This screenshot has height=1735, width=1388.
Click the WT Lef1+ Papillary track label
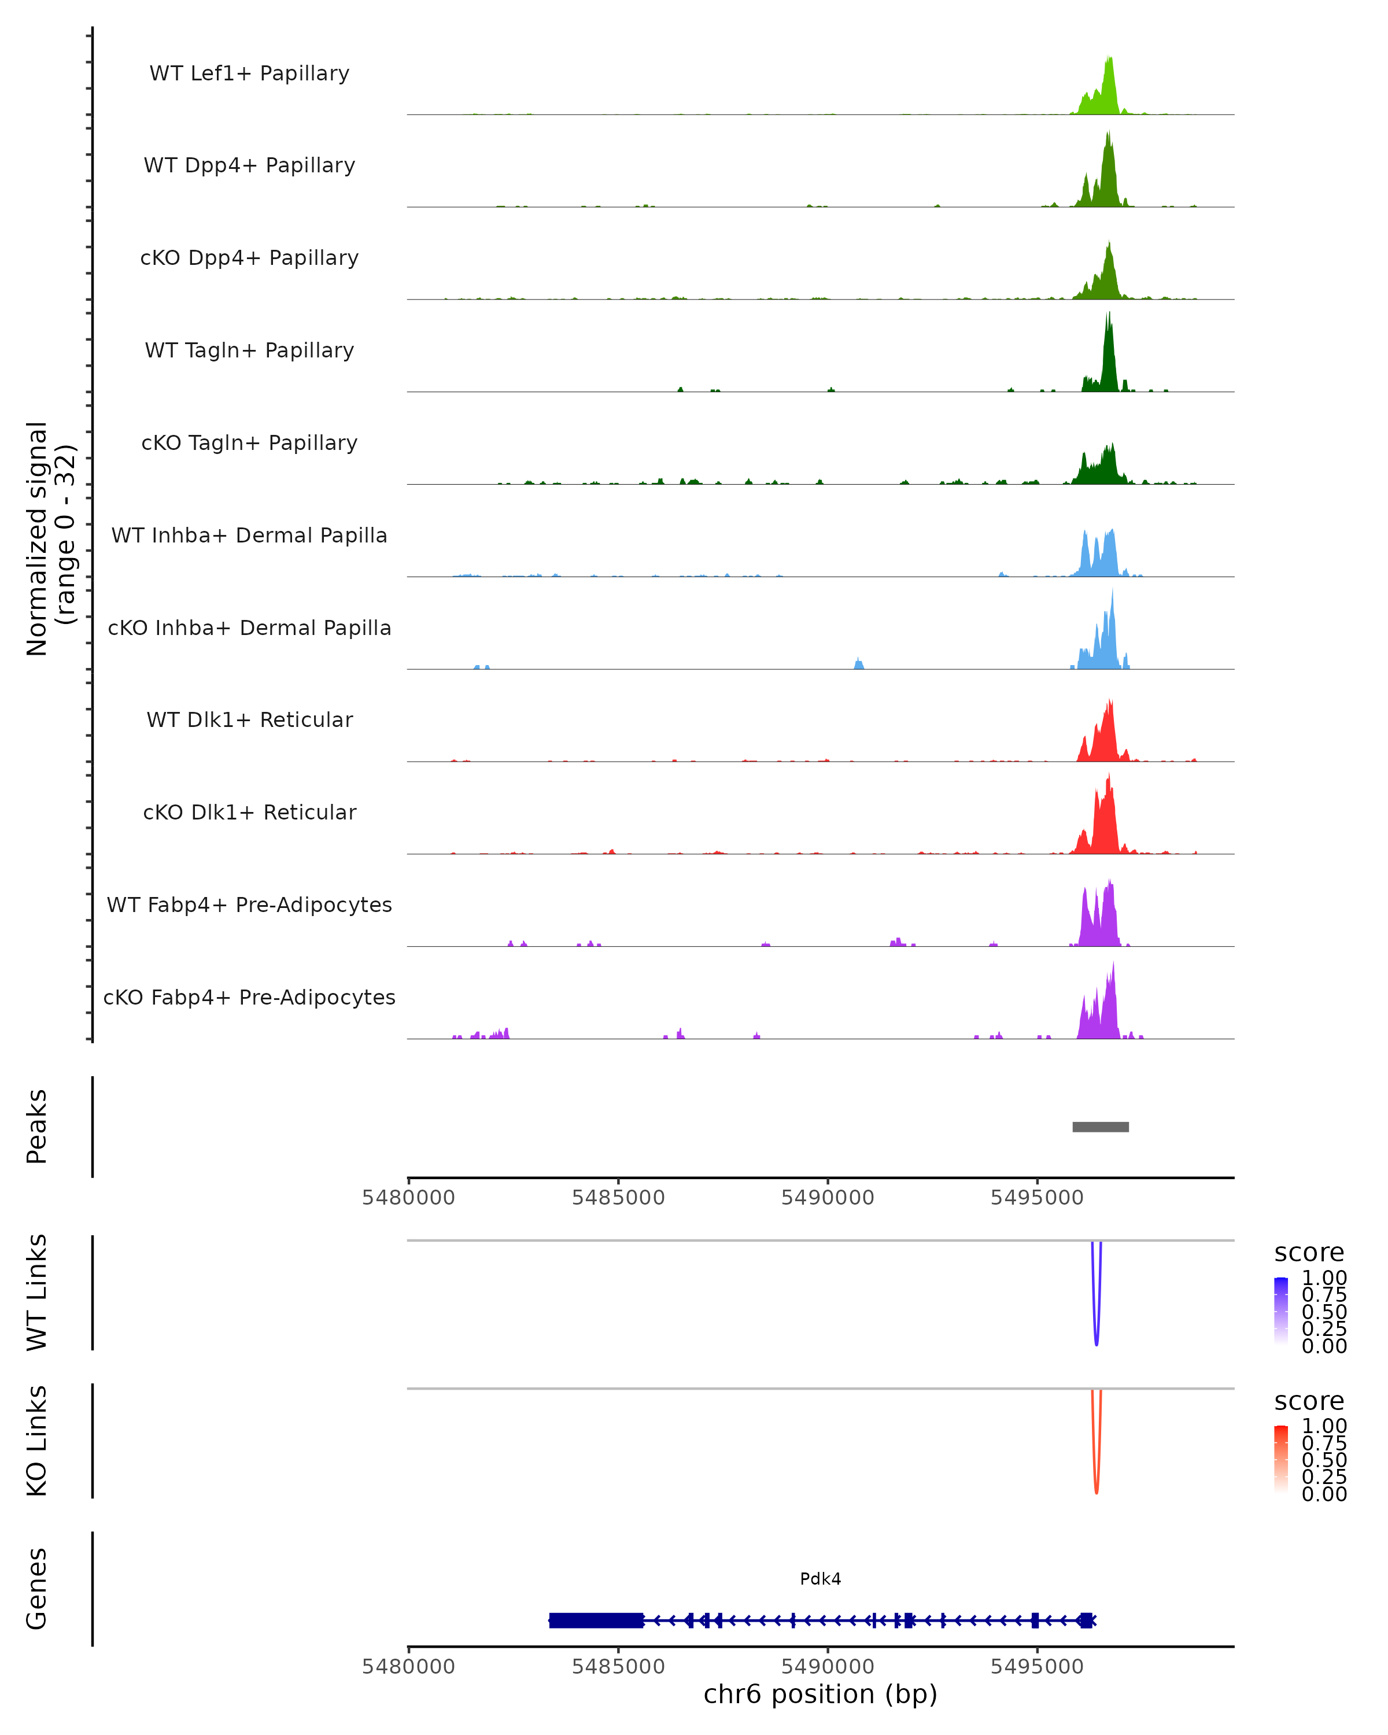(249, 73)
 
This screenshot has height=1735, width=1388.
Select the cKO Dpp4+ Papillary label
(249, 257)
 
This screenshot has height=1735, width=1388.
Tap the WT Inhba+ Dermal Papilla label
(249, 535)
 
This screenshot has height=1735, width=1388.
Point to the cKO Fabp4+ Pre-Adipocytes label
(249, 997)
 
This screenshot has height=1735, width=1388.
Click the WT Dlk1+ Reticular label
(249, 719)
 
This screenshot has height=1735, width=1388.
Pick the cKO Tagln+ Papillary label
(249, 442)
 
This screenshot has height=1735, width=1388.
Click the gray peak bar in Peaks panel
(1100, 1127)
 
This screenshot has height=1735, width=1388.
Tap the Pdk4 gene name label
(820, 1578)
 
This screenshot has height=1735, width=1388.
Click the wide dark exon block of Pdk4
(596, 1620)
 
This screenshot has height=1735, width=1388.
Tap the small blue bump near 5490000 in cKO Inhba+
(859, 664)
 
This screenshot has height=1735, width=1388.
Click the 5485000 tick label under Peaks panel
(618, 1198)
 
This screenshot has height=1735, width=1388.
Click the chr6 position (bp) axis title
(820, 1694)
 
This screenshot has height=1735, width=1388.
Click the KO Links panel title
(37, 1441)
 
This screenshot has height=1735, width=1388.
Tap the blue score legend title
(1308, 1252)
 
